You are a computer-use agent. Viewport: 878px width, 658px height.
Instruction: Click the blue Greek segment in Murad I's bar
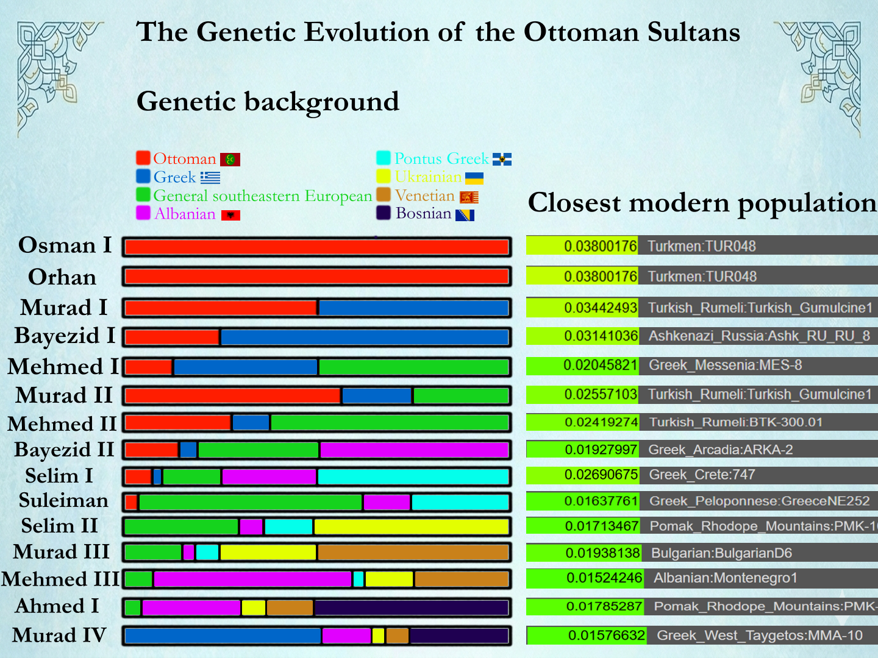(x=413, y=308)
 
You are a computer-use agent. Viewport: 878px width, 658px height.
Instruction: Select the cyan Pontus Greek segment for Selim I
(x=413, y=476)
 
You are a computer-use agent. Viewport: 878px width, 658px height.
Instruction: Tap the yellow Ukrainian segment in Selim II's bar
(x=411, y=526)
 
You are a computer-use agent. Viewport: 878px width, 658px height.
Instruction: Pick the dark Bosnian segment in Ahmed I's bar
(x=411, y=607)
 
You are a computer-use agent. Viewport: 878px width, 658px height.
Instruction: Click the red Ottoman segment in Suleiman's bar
(x=131, y=502)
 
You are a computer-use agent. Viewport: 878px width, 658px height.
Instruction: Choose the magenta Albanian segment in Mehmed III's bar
(x=252, y=579)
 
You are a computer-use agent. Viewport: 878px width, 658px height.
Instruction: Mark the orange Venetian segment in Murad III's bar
(x=413, y=553)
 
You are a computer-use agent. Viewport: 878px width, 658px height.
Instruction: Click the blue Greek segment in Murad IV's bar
(x=223, y=636)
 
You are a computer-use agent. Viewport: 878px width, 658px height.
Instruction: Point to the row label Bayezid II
(x=64, y=450)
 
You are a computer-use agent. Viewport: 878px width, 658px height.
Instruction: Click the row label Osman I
(x=65, y=245)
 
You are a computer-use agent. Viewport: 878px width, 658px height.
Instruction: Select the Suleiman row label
(x=63, y=501)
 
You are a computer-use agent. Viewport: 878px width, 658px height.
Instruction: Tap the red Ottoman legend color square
(x=143, y=158)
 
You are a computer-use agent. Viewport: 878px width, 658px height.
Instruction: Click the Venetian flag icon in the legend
(x=469, y=197)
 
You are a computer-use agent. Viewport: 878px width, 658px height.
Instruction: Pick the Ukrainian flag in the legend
(x=474, y=178)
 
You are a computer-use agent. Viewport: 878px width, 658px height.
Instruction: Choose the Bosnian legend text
(x=423, y=214)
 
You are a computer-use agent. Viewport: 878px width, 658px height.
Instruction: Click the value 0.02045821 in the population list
(x=600, y=365)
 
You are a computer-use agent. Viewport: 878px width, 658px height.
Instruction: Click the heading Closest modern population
(x=702, y=203)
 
